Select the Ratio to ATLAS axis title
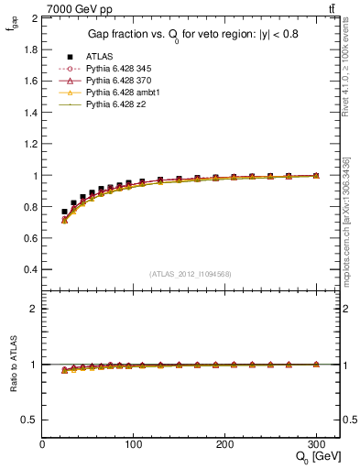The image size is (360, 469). (x=12, y=365)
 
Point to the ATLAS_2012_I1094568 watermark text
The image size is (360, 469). (x=191, y=274)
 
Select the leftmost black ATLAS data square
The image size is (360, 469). (x=64, y=212)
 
